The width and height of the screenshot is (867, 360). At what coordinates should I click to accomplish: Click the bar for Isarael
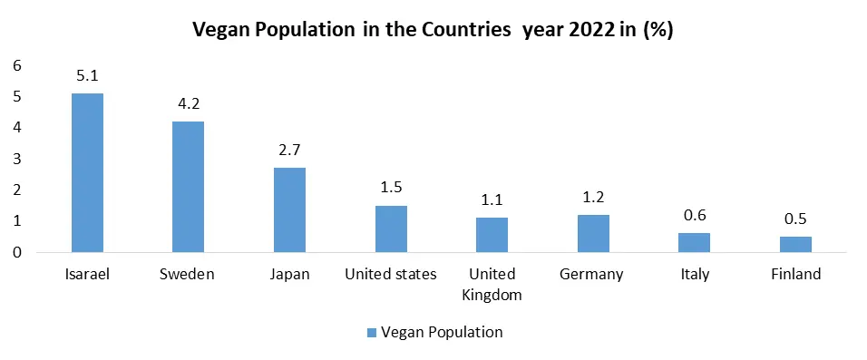pos(88,172)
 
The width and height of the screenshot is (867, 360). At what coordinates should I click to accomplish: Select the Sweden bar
pos(189,187)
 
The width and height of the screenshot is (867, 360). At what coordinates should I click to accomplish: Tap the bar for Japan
pos(290,209)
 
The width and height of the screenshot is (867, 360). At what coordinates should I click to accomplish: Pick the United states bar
pos(391,229)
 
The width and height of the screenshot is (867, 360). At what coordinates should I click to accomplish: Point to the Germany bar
pos(593,233)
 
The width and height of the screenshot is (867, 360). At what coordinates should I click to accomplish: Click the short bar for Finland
pos(795,244)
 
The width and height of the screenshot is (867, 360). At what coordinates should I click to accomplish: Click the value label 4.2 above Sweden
pos(189,104)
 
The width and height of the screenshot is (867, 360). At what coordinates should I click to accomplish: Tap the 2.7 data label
pos(290,151)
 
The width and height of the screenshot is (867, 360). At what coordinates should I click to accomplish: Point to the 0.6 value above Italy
pos(695,216)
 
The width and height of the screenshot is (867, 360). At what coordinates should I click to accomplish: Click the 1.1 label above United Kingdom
pos(492,200)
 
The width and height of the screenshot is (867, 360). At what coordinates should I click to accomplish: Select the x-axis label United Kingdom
pos(492,284)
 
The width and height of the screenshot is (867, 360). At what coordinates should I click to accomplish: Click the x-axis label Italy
pos(695,274)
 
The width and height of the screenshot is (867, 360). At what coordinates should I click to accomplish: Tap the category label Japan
pos(290,274)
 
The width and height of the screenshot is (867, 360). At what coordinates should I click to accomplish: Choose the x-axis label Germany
pos(593,274)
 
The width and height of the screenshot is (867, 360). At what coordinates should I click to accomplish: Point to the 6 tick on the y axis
pos(15,65)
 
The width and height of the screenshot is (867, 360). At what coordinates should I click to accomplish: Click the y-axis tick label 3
pos(15,159)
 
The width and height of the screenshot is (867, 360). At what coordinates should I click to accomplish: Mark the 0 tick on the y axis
pos(15,252)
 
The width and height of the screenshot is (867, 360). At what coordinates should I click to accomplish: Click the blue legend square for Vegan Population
pos(370,333)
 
